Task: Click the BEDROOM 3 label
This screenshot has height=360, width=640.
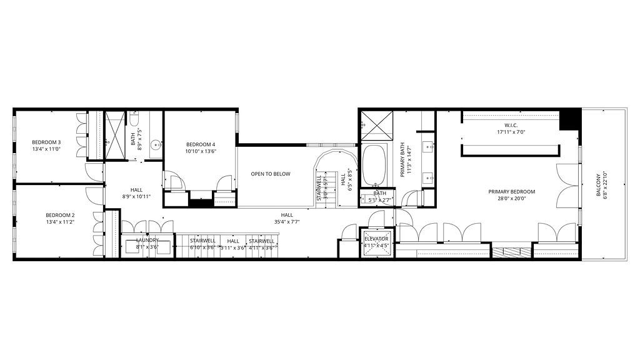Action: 46,142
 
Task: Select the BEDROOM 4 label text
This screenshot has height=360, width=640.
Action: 200,144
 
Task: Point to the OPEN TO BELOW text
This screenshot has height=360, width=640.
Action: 271,174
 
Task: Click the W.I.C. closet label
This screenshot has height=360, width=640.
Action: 511,124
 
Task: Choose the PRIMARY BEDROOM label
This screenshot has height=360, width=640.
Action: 511,192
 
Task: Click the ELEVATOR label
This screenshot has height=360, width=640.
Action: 376,239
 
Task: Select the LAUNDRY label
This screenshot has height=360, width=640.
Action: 147,240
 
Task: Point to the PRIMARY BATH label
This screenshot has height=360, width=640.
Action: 404,159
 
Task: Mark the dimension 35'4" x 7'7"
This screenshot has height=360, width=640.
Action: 287,222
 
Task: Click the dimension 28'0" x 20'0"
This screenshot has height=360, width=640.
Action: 511,199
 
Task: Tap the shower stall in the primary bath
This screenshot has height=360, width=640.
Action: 377,125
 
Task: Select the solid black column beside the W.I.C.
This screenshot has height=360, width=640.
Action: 569,119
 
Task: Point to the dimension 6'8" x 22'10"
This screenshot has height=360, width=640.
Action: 606,186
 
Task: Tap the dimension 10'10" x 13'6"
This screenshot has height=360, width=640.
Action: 200,151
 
